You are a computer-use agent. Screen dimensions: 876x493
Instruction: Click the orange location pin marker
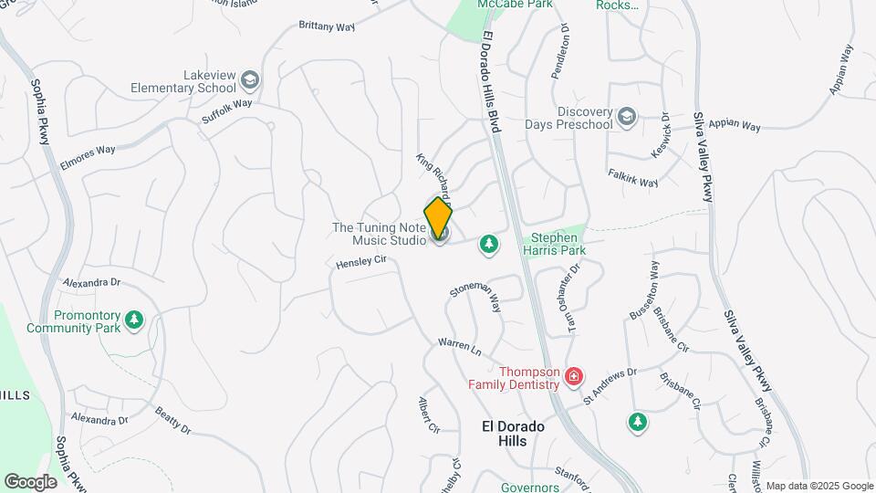tap(438, 218)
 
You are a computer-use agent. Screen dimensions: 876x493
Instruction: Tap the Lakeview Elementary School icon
tap(250, 81)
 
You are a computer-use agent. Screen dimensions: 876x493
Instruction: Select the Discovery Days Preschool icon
tap(626, 117)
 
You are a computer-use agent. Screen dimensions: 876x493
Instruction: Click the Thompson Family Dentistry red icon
tap(574, 376)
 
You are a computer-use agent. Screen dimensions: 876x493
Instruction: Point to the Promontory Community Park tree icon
tap(135, 320)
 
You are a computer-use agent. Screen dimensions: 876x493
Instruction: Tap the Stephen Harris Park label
tap(553, 242)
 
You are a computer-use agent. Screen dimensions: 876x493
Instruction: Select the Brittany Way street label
tap(327, 26)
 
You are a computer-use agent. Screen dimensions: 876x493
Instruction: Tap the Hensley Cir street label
tap(362, 262)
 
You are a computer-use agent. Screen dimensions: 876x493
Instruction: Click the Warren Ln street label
tap(459, 347)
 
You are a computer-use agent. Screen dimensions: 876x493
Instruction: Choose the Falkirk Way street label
tap(632, 177)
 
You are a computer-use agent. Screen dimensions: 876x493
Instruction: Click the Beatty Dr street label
tap(172, 421)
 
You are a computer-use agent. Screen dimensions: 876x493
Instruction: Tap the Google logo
tap(30, 481)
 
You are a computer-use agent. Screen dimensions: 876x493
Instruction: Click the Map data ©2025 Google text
tap(819, 486)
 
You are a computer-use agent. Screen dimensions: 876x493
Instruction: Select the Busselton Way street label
tap(642, 290)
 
